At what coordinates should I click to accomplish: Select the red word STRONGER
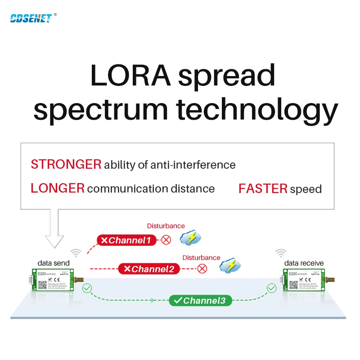(x=66, y=165)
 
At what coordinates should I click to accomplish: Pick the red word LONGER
(x=58, y=188)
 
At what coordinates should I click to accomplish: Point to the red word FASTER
(x=263, y=189)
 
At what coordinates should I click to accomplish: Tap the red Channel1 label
(x=126, y=240)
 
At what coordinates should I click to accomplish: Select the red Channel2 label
(x=149, y=269)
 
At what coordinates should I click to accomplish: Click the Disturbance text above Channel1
(x=166, y=226)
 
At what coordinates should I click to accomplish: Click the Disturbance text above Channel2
(x=201, y=257)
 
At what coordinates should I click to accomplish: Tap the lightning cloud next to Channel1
(x=190, y=238)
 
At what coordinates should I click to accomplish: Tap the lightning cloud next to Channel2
(x=229, y=265)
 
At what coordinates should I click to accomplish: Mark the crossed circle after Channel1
(x=166, y=240)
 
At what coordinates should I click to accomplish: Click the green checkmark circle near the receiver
(x=271, y=288)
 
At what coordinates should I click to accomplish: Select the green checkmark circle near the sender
(x=87, y=288)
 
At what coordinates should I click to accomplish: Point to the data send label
(x=54, y=263)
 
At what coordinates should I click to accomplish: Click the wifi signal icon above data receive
(x=281, y=253)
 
